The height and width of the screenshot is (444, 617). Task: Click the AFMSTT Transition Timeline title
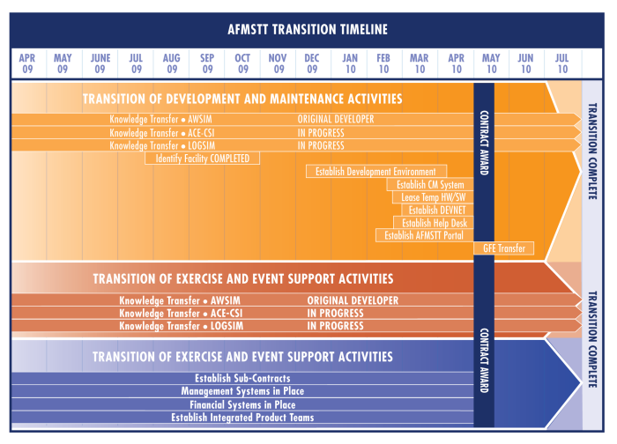(308, 29)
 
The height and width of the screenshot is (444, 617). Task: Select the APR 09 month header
(27, 63)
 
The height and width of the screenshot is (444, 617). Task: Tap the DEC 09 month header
(312, 63)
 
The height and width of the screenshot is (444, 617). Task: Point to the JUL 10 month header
(562, 63)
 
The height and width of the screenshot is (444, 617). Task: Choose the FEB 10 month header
(383, 63)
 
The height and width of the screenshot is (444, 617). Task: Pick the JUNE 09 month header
(100, 63)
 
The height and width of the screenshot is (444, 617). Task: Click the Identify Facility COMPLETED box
(202, 159)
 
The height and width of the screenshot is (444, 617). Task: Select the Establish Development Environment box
(376, 172)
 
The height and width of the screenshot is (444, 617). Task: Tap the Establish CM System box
(430, 184)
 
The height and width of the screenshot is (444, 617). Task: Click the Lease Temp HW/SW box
(433, 197)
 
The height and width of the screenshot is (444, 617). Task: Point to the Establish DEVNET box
(437, 210)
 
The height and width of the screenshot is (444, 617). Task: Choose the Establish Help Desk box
(434, 223)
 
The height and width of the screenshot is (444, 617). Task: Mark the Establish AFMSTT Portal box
(425, 235)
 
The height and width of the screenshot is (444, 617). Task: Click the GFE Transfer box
(503, 248)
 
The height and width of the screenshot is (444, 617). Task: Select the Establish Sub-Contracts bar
(242, 378)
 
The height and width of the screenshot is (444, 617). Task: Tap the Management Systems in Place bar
(242, 391)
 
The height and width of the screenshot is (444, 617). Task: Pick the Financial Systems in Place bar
(242, 404)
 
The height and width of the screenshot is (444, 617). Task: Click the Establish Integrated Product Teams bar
(242, 418)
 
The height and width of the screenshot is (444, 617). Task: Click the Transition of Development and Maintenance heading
(242, 99)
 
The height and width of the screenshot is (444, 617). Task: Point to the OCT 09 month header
(242, 63)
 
